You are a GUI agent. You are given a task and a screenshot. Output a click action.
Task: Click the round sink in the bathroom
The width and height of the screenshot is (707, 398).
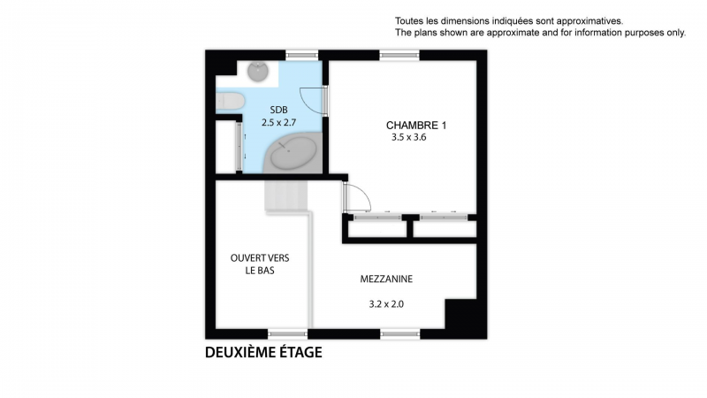tap(258, 72)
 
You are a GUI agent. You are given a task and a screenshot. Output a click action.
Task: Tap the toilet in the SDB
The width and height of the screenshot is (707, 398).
tap(231, 101)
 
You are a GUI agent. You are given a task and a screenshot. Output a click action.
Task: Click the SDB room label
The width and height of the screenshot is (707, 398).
tap(278, 110)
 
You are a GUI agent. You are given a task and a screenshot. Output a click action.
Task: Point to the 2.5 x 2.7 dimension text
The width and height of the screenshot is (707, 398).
tap(278, 122)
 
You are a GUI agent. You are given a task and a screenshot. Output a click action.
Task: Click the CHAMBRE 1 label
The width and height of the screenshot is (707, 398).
tap(416, 126)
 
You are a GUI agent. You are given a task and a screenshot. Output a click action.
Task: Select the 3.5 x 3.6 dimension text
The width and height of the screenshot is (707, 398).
tap(409, 138)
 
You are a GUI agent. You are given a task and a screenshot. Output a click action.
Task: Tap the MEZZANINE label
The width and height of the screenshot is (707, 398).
tap(386, 279)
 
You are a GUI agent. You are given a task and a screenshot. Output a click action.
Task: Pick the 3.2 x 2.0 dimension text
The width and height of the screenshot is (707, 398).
tap(386, 304)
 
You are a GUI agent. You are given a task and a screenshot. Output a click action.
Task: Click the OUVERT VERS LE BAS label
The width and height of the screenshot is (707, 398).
tap(260, 264)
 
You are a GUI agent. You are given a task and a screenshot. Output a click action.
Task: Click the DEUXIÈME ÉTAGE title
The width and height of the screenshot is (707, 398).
tap(263, 352)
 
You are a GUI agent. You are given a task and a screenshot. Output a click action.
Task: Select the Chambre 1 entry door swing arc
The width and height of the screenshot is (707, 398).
tap(363, 192)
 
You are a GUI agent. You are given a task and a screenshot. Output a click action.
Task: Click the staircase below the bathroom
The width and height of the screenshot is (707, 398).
tap(285, 195)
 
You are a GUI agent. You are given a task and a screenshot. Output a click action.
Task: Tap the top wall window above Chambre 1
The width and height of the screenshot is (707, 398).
tap(399, 56)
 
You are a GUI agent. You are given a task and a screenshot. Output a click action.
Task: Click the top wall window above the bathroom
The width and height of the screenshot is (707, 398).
tap(302, 56)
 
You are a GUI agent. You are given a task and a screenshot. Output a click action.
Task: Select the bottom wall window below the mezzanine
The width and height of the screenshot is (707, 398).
tap(400, 334)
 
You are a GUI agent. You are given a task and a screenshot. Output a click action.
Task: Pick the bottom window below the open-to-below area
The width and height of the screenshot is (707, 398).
tap(288, 334)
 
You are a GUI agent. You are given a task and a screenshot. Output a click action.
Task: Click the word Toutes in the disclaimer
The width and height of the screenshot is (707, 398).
tap(407, 20)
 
